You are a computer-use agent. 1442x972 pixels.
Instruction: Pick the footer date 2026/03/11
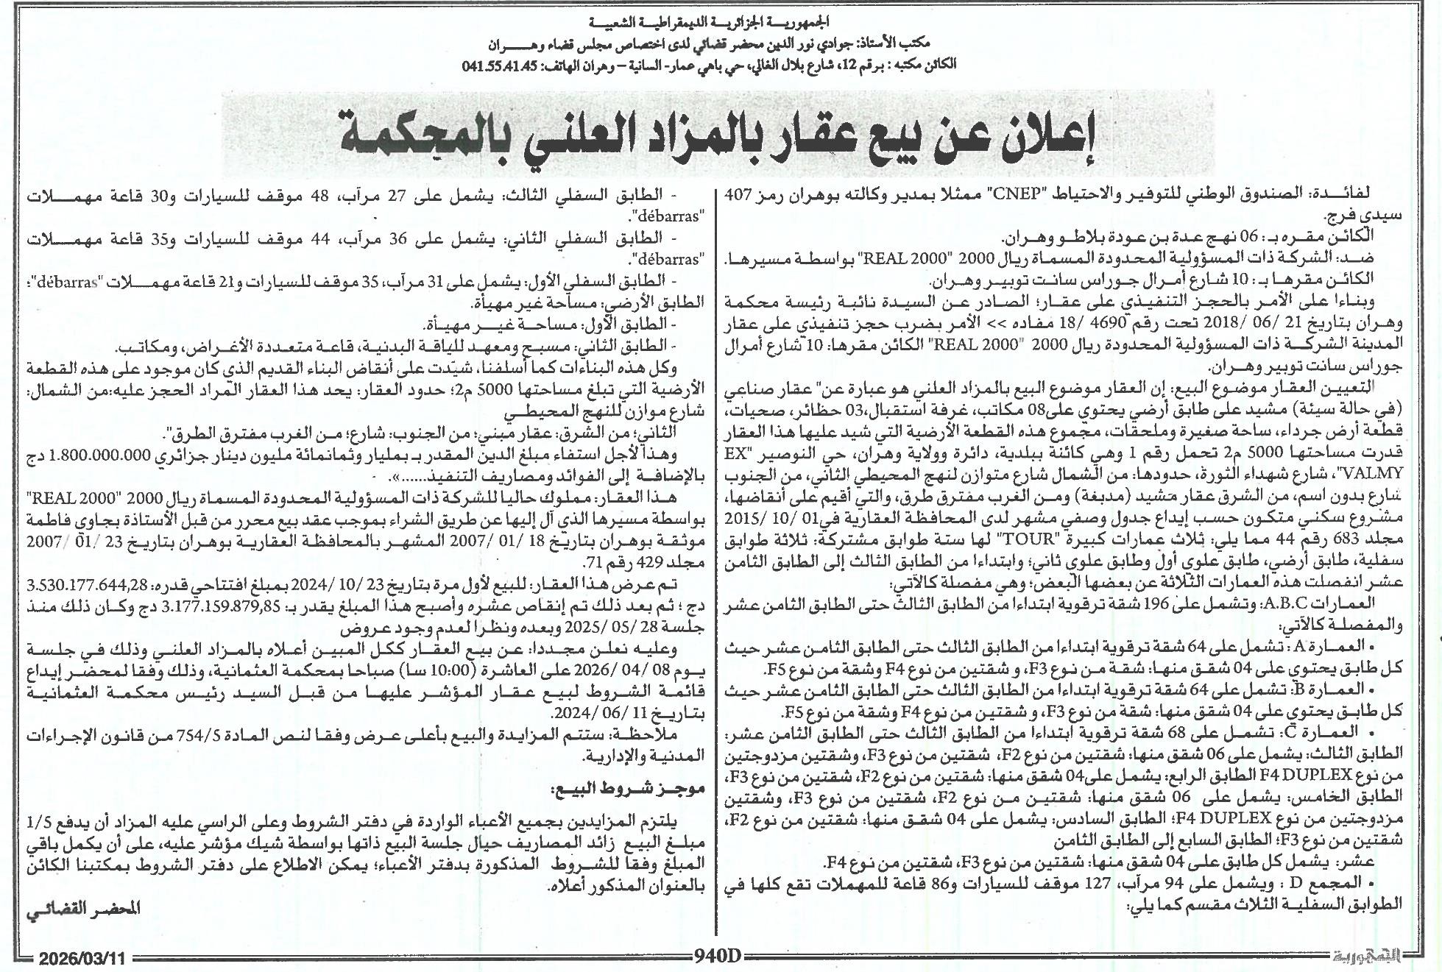[83, 959]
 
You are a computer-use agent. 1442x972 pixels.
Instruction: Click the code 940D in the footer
[718, 956]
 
